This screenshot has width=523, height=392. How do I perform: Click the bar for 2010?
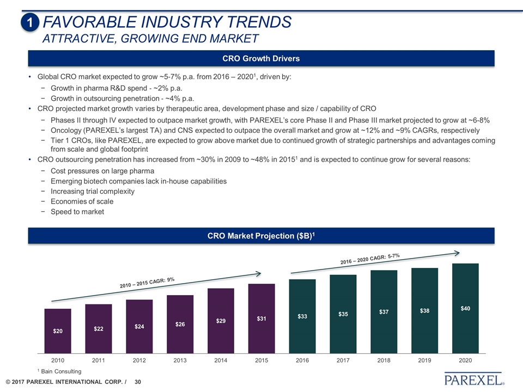[x=58, y=332]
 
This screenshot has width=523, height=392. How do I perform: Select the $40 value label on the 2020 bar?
[x=465, y=309]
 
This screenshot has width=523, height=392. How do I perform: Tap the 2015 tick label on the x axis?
[x=261, y=360]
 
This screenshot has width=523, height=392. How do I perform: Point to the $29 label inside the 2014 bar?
[x=221, y=321]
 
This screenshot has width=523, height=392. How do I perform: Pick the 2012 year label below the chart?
[x=139, y=360]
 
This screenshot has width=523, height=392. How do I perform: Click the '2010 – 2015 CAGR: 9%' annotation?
[x=147, y=283]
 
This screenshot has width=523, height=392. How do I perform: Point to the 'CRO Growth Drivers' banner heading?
[x=261, y=58]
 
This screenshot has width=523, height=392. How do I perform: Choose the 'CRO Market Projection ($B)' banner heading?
[x=261, y=235]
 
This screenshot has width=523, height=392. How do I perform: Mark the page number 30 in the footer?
[x=138, y=383]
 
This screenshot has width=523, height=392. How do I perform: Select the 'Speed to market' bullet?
[x=77, y=211]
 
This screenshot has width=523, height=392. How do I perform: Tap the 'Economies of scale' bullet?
[x=82, y=201]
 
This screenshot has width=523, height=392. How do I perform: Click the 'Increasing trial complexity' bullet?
[x=92, y=191]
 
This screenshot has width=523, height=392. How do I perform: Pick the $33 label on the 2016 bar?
[x=302, y=316]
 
